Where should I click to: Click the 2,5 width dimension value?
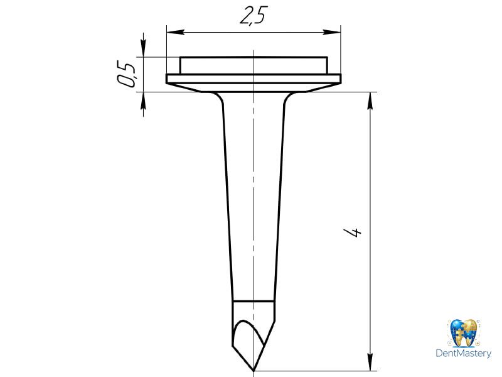coord(254,15)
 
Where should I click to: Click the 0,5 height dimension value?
coord(127,74)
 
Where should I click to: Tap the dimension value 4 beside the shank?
coord(353,232)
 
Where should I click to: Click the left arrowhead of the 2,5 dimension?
coord(176,32)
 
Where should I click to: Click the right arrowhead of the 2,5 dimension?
coord(332,32)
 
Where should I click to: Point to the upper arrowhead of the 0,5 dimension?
coord(144,48)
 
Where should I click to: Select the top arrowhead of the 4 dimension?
coord(370,101)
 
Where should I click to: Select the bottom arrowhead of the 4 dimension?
coord(370,363)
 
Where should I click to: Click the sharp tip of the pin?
coord(254,371)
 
